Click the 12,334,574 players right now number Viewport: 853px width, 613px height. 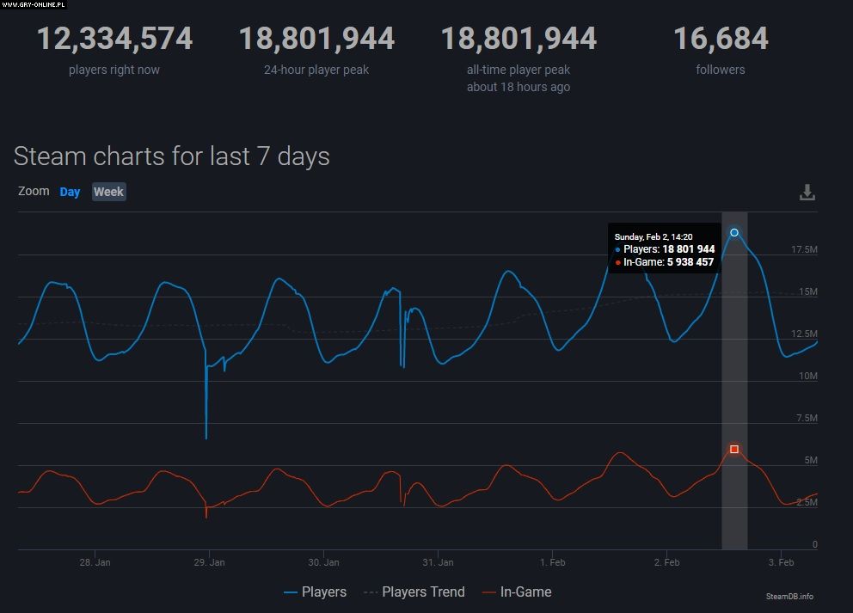tap(114, 39)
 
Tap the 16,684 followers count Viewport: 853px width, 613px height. tap(721, 39)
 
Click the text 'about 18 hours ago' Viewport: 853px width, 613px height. tap(519, 87)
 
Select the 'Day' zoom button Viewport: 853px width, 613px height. tap(70, 192)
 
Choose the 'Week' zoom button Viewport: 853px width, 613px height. tap(108, 192)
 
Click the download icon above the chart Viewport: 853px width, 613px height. tap(807, 192)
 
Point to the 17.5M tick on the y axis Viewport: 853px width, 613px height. tap(804, 249)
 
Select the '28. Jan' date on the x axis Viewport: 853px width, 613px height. tap(95, 562)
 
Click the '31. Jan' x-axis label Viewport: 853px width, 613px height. tap(437, 562)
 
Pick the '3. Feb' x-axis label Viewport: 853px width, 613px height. tap(781, 562)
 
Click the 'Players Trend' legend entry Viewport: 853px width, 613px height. tap(423, 592)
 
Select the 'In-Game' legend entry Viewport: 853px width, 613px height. tap(525, 592)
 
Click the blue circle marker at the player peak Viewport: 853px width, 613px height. tap(734, 233)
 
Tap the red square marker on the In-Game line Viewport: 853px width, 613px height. tap(734, 449)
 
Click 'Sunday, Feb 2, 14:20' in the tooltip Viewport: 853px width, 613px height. tap(654, 236)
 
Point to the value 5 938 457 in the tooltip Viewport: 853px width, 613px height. tap(690, 261)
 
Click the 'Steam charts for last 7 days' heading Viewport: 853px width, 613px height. tap(172, 156)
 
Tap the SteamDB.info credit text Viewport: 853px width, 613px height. tap(789, 596)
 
